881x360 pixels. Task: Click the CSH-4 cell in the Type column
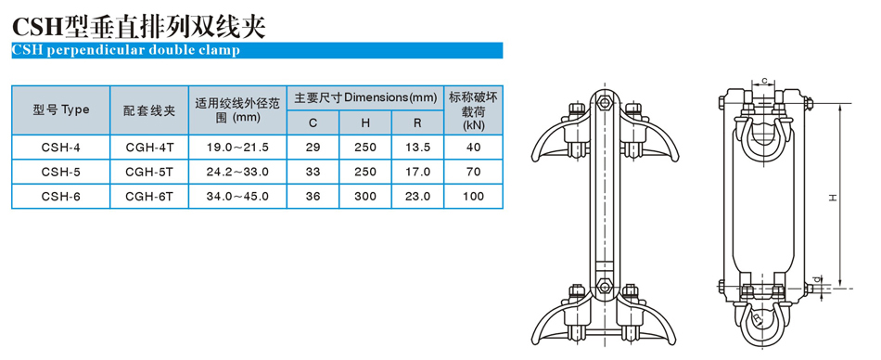click(x=60, y=148)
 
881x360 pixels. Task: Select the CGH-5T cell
click(x=149, y=172)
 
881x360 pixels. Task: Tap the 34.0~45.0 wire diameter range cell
click(x=237, y=197)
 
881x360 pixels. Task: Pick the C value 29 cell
click(x=313, y=148)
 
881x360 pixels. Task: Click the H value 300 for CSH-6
click(x=365, y=197)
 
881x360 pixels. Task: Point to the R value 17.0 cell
click(x=418, y=172)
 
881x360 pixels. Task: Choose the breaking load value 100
click(x=474, y=197)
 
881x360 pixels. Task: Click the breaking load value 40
click(x=474, y=148)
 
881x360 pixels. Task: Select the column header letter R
click(x=418, y=123)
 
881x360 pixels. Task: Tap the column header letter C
click(x=313, y=123)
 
